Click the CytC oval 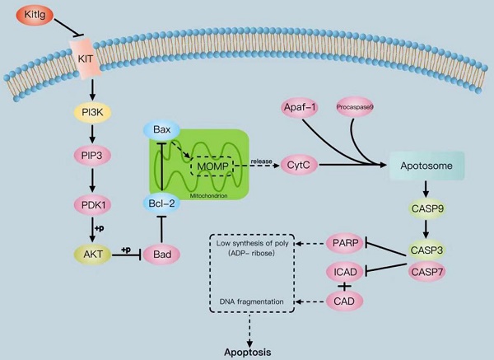click(298, 166)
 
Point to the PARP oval click(344, 242)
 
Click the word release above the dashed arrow click(261, 159)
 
